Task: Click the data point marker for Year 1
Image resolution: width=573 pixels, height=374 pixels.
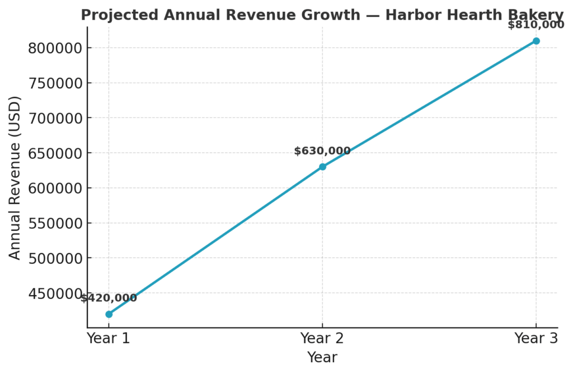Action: pyautogui.click(x=109, y=314)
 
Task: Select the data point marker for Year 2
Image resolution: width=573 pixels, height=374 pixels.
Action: pyautogui.click(x=322, y=167)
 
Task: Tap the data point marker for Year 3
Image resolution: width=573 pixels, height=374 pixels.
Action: pyautogui.click(x=536, y=41)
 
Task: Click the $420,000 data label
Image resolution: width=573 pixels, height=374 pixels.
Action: pyautogui.click(x=109, y=298)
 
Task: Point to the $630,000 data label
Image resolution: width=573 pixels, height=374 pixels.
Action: pyautogui.click(x=322, y=151)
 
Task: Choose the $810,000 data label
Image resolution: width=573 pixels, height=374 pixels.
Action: pyautogui.click(x=536, y=25)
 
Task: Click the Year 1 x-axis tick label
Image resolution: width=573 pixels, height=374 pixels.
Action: pyautogui.click(x=109, y=338)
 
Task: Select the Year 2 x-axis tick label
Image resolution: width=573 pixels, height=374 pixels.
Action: pyautogui.click(x=322, y=338)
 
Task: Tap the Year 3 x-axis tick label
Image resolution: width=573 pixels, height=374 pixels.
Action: pyautogui.click(x=536, y=338)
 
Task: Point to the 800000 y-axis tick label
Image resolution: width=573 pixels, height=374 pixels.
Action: pyautogui.click(x=55, y=48)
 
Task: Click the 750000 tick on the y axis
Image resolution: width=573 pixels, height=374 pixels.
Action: pyautogui.click(x=55, y=83)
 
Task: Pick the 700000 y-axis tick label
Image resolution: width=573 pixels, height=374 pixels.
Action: pyautogui.click(x=55, y=118)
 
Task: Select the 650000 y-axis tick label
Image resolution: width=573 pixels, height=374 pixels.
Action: pyautogui.click(x=55, y=153)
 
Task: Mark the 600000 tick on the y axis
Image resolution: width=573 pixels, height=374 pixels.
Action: pyautogui.click(x=55, y=188)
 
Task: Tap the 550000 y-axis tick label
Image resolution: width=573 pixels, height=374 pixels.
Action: pyautogui.click(x=55, y=223)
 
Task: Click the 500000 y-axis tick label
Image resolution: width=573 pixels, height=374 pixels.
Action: pyautogui.click(x=55, y=258)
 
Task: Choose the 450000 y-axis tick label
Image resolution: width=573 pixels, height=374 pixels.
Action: pyautogui.click(x=55, y=293)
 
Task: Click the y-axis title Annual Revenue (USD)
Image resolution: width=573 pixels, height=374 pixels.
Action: pyautogui.click(x=15, y=177)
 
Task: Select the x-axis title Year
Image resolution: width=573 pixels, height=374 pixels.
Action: pyautogui.click(x=322, y=358)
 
